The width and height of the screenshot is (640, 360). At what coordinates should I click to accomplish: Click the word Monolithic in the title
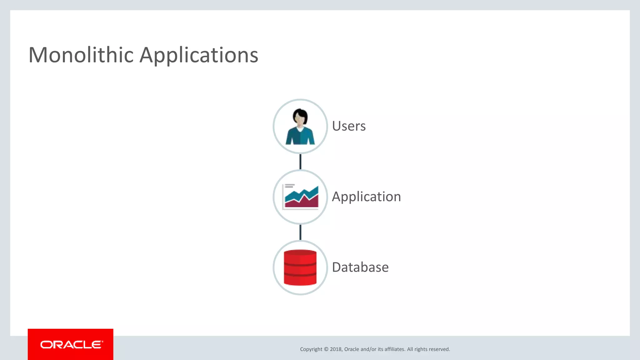(81, 55)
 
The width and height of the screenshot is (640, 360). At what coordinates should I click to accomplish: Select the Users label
(349, 126)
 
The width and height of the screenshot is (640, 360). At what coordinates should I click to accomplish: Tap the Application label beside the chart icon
(366, 197)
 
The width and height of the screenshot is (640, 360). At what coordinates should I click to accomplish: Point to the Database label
(360, 267)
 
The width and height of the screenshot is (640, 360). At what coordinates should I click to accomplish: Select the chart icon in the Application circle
(301, 197)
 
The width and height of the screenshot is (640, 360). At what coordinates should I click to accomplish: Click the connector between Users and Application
(300, 162)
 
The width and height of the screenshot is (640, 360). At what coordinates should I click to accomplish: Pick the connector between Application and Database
(300, 232)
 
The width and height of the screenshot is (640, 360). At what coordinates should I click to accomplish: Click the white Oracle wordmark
(71, 345)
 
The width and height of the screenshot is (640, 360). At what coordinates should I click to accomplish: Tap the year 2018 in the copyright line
(336, 349)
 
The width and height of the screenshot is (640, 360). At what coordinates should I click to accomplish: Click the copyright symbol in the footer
(326, 349)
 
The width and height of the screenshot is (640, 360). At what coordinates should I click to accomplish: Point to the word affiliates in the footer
(394, 349)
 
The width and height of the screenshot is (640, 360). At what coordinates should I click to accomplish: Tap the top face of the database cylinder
(300, 252)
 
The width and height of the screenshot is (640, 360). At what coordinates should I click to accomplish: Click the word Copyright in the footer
(311, 349)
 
